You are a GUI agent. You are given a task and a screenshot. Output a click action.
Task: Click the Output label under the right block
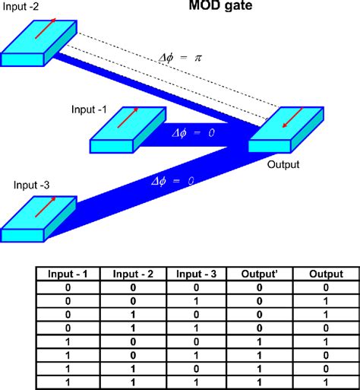click(283, 163)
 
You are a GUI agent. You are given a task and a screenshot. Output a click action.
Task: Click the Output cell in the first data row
click(326, 287)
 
